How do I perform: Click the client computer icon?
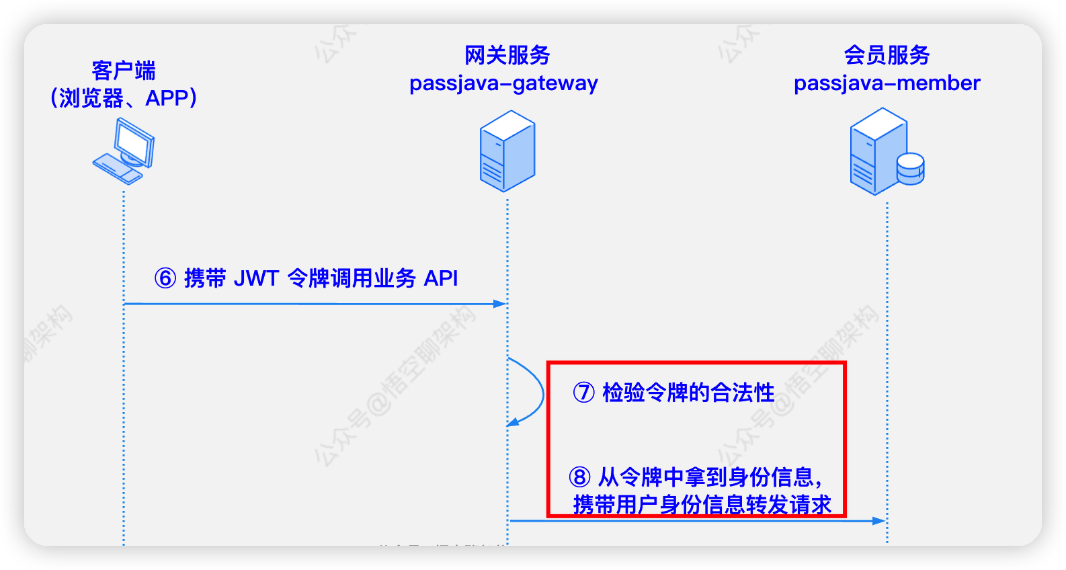pyautogui.click(x=124, y=151)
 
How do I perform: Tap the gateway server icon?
pyautogui.click(x=507, y=151)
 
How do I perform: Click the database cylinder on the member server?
pyautogui.click(x=911, y=169)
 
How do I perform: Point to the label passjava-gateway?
pyautogui.click(x=503, y=83)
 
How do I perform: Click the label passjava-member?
pyautogui.click(x=887, y=83)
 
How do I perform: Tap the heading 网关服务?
pyautogui.click(x=507, y=55)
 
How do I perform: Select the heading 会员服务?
pyautogui.click(x=887, y=55)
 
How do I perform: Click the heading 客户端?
pyautogui.click(x=124, y=70)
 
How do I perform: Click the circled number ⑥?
pyautogui.click(x=165, y=278)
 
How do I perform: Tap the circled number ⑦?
pyautogui.click(x=583, y=393)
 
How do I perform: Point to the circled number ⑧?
pyautogui.click(x=579, y=477)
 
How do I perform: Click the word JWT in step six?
pyautogui.click(x=255, y=278)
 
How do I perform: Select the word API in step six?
pyautogui.click(x=441, y=278)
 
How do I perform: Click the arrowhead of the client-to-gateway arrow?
pyautogui.click(x=499, y=304)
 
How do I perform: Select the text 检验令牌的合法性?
pyautogui.click(x=688, y=393)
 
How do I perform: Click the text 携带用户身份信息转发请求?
pyautogui.click(x=702, y=504)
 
